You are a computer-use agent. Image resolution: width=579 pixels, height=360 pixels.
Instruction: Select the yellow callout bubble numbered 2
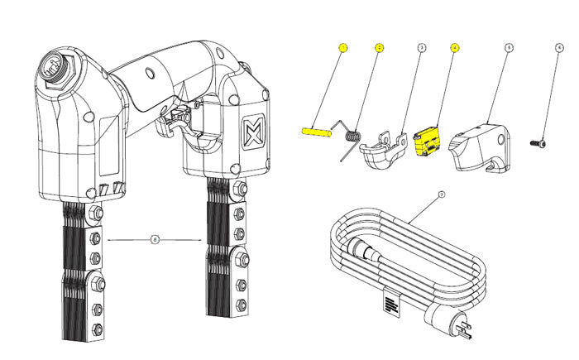pos(380,47)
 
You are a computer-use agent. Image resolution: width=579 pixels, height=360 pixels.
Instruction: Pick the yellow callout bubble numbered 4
pos(454,47)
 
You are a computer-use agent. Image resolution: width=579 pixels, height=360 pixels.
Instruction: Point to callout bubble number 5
pos(509,48)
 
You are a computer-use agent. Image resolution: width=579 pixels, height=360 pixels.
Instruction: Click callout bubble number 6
pos(559,48)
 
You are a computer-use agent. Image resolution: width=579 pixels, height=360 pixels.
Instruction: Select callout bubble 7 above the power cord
pos(442,194)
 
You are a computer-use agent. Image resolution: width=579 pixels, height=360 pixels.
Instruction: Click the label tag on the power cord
pos(391,302)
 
